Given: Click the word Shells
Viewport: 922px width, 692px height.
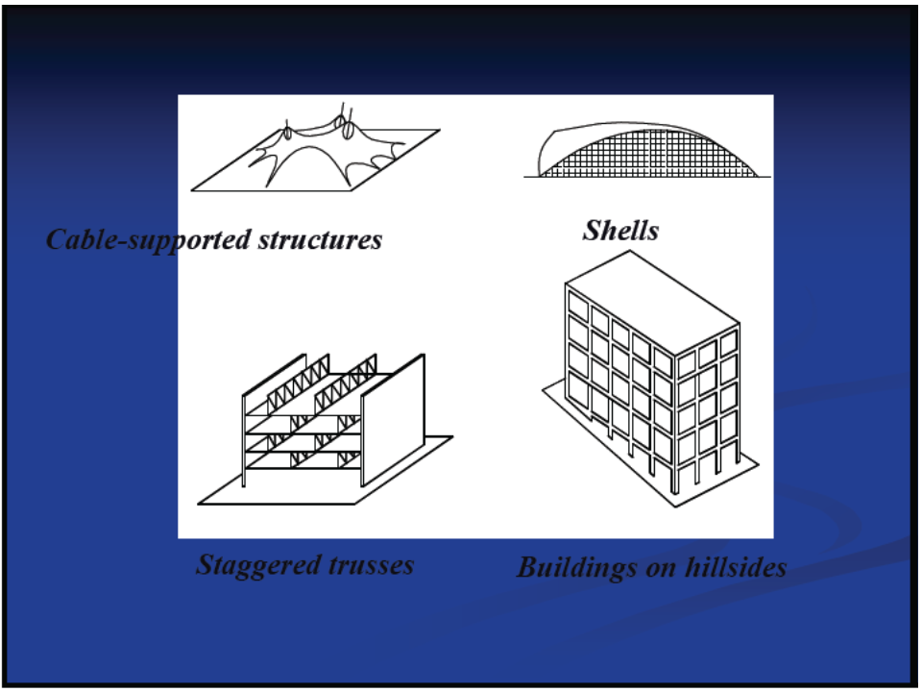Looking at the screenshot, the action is [620, 231].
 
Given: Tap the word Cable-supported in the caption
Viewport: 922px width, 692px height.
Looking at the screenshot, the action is [134, 239].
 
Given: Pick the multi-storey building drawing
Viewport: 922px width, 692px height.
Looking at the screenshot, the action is [653, 375].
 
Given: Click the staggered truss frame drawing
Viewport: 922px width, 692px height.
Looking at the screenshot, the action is [327, 423].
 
